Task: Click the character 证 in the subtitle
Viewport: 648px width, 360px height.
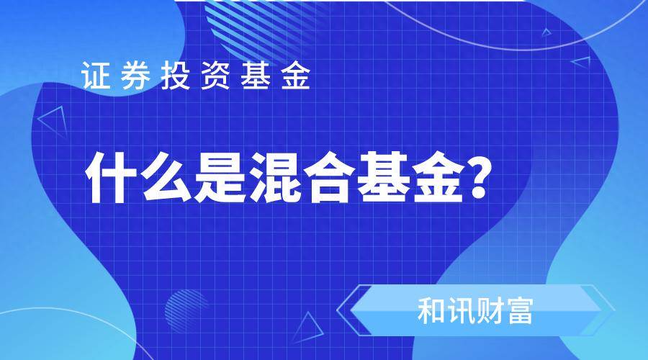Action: (x=96, y=75)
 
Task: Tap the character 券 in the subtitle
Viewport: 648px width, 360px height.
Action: (x=136, y=75)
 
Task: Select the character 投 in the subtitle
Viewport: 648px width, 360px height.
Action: (x=176, y=75)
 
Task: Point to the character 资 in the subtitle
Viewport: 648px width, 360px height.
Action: (x=215, y=75)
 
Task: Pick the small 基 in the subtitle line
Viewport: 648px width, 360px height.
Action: (x=256, y=75)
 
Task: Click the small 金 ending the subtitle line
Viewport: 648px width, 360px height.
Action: (x=295, y=75)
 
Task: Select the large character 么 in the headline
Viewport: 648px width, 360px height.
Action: (x=166, y=177)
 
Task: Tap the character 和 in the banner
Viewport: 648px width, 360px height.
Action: (x=431, y=311)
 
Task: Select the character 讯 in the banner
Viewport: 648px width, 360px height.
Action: (x=460, y=311)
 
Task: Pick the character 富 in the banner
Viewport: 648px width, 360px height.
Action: (x=520, y=311)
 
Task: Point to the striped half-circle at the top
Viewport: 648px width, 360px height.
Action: (x=264, y=24)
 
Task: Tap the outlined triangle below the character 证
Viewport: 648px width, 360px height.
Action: (x=54, y=122)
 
